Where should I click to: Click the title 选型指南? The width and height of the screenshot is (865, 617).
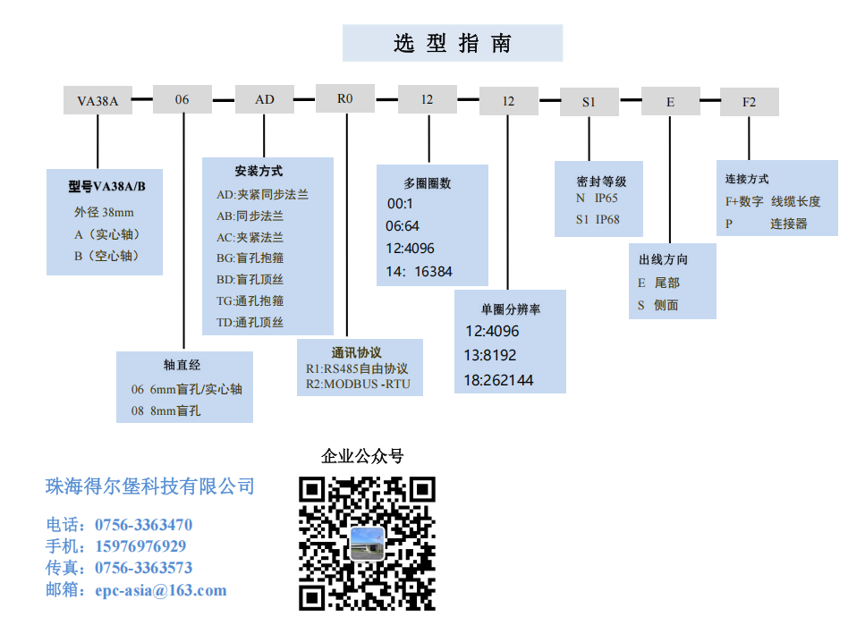(453, 43)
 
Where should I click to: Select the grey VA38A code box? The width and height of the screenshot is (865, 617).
(98, 100)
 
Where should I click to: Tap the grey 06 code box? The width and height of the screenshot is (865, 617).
(182, 99)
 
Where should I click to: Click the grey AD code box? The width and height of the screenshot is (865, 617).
(265, 99)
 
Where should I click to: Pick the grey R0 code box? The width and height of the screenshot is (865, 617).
(345, 98)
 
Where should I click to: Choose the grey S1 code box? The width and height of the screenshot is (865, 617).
(589, 102)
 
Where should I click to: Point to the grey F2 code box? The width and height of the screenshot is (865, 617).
(749, 102)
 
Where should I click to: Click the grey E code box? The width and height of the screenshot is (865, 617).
(670, 102)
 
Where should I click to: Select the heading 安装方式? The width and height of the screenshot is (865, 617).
(259, 171)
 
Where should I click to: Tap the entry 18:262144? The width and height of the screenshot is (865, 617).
(498, 380)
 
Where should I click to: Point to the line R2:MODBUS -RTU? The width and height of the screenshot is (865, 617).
(358, 385)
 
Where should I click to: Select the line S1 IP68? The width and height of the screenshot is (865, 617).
(598, 219)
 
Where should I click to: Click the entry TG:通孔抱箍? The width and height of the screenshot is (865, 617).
(250, 300)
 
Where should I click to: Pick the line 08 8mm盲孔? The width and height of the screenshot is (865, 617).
(165, 410)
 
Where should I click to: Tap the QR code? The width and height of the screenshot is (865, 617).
(367, 543)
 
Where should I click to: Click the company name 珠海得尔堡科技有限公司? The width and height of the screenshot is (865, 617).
(150, 486)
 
